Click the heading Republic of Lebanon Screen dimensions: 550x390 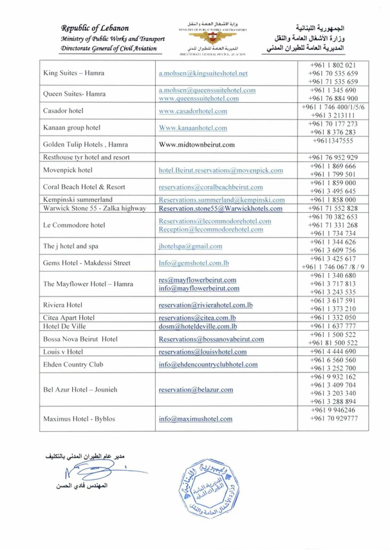point(95,28)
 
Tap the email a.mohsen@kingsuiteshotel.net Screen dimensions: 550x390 point(203,73)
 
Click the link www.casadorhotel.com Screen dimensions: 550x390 point(193,111)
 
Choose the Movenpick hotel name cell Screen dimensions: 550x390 point(68,170)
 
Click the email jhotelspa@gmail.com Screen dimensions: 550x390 point(190,246)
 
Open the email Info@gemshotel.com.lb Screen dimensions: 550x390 point(194,263)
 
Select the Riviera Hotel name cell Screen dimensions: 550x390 point(62,305)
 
